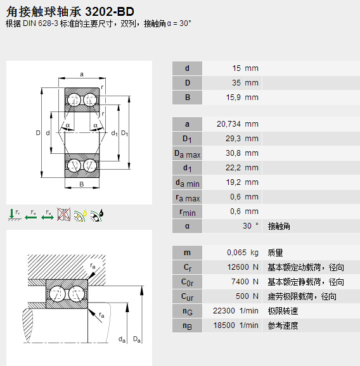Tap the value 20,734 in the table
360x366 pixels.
[229, 124]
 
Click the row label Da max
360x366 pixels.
[187, 153]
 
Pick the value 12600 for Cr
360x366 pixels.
[239, 267]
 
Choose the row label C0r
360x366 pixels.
[187, 282]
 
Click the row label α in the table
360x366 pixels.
[187, 226]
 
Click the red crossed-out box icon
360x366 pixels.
[63, 215]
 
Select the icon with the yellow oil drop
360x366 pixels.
[80, 215]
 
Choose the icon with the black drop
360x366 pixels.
[97, 215]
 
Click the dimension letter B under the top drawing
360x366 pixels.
[82, 184]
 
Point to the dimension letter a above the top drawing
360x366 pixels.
[82, 73]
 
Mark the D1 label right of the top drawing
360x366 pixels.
[125, 133]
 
